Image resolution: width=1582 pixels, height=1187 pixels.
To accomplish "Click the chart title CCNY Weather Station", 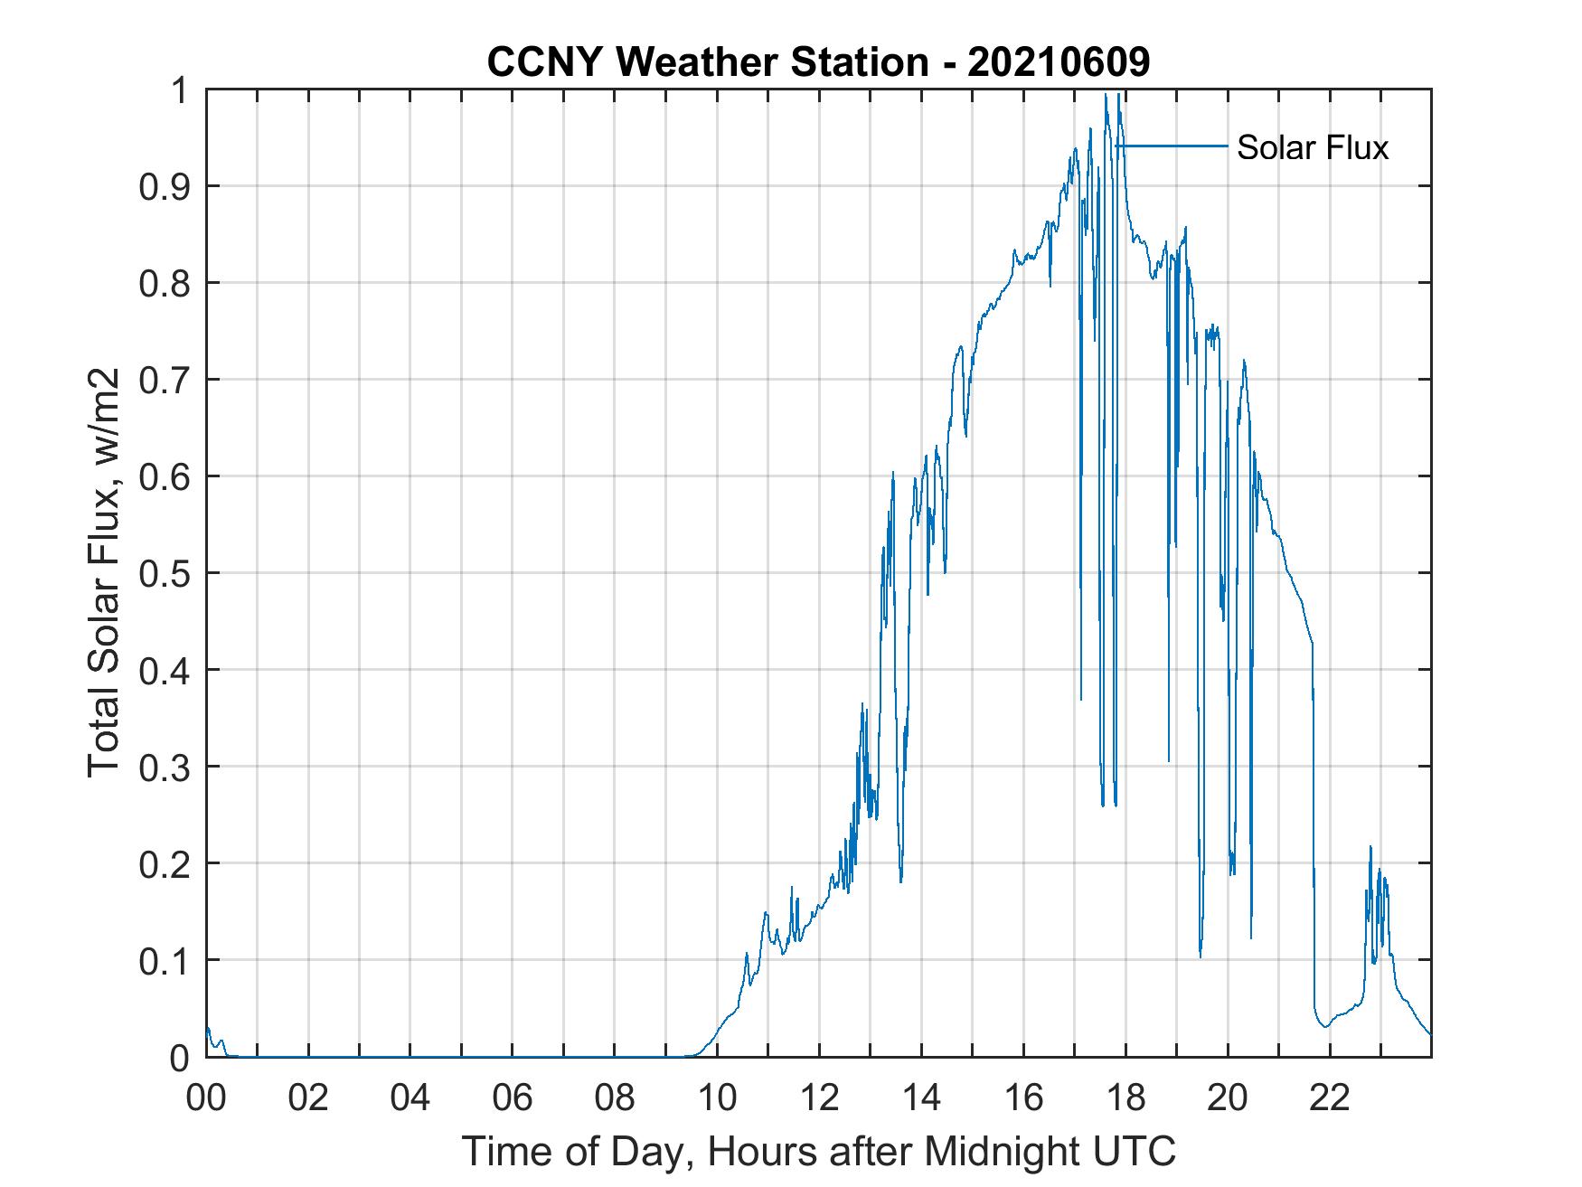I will tap(708, 62).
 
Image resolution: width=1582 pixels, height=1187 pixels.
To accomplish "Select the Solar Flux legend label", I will tap(1312, 147).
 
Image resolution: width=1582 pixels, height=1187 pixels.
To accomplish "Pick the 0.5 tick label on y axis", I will tap(166, 573).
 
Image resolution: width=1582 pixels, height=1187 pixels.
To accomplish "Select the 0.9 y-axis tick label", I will tap(166, 186).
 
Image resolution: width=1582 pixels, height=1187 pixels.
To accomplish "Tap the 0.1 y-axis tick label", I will tap(166, 960).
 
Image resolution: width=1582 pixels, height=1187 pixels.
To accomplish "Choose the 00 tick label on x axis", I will tap(206, 1098).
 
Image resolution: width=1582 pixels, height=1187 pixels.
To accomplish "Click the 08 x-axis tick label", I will tap(615, 1098).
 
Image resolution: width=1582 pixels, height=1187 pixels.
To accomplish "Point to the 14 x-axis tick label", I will tap(921, 1098).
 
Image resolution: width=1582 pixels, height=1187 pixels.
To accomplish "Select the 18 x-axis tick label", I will tap(1125, 1098).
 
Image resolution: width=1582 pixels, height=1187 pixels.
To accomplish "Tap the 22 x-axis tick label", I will tap(1330, 1098).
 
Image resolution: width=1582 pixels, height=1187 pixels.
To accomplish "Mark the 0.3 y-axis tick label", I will tap(166, 767).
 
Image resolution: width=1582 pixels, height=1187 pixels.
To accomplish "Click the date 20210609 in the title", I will tap(1059, 62).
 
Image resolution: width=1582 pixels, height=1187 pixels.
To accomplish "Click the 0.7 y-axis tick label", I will tap(166, 380).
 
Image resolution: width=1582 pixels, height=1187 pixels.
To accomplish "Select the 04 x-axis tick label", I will tap(410, 1098).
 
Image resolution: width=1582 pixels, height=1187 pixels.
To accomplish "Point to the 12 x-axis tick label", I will tap(819, 1098).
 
